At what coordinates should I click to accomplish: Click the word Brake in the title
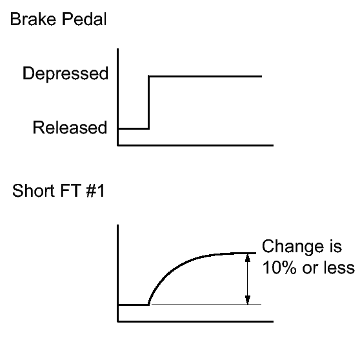(x=33, y=19)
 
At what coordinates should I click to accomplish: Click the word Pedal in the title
(x=85, y=19)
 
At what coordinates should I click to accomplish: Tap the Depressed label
(x=65, y=74)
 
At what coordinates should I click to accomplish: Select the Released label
(x=70, y=128)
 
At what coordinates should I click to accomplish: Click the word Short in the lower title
(x=34, y=190)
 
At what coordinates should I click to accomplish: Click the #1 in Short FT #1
(x=95, y=190)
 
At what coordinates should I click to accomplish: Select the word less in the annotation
(x=339, y=268)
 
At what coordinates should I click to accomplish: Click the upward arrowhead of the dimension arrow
(x=248, y=257)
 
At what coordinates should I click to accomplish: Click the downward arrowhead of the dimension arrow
(x=248, y=300)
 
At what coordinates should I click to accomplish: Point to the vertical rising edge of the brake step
(x=149, y=103)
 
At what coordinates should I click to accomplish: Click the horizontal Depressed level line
(x=205, y=76)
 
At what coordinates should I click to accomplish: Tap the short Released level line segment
(x=134, y=128)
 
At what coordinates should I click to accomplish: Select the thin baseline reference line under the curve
(x=206, y=305)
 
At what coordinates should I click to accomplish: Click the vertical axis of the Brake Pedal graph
(x=118, y=97)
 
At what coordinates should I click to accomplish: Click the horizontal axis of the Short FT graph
(x=195, y=321)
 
